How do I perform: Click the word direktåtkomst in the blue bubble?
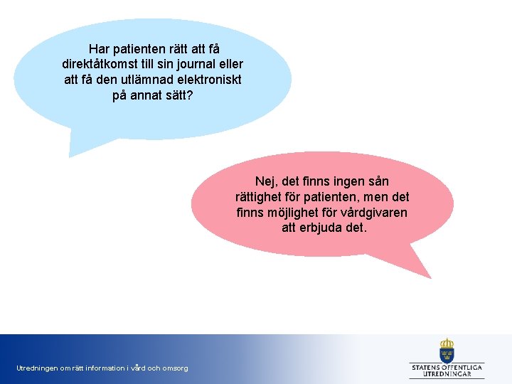point(105,64)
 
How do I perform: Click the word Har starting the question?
point(100,48)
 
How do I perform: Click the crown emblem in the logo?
point(447,349)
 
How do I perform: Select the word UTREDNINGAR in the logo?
point(447,373)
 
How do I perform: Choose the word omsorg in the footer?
point(175,368)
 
